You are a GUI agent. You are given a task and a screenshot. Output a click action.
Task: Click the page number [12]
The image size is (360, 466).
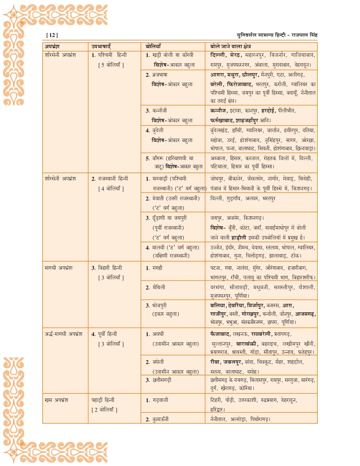[52, 35]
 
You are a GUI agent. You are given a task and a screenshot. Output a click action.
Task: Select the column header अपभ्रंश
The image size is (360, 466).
[52, 47]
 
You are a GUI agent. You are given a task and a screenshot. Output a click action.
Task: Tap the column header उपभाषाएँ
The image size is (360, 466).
[101, 47]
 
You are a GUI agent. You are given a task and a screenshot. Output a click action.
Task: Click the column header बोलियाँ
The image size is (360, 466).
[153, 47]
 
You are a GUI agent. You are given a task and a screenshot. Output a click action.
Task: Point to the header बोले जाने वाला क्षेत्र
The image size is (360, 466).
[230, 47]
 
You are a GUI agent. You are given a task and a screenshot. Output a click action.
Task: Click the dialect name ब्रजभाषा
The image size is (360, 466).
[160, 75]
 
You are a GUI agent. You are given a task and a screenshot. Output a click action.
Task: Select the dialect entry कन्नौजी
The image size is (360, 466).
[160, 111]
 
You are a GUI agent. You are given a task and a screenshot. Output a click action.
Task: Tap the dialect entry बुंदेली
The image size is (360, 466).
[158, 130]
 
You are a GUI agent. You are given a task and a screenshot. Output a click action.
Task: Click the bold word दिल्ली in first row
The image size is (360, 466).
[218, 55]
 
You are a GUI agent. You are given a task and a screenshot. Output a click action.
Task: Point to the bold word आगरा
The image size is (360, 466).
[217, 75]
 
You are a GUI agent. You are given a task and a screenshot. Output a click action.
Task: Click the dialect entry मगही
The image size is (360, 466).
[157, 268]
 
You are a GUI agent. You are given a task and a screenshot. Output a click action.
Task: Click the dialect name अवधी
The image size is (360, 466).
[158, 334]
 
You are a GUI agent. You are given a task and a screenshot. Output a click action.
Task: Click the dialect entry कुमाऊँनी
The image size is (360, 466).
[160, 419]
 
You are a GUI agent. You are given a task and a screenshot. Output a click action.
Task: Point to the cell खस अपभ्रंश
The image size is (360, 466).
[56, 400]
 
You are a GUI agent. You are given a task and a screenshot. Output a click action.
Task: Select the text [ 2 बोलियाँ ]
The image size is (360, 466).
[104, 410]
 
